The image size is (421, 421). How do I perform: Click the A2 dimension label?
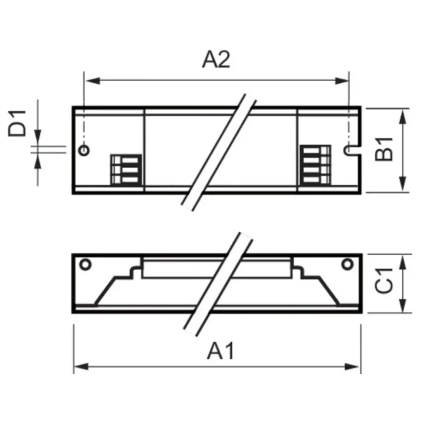click(x=216, y=59)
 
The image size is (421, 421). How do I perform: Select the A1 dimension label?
click(x=221, y=351)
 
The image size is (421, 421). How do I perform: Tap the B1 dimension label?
click(x=384, y=149)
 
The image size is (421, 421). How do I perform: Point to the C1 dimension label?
click(x=384, y=280)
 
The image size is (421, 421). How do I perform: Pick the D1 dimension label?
click(x=17, y=123)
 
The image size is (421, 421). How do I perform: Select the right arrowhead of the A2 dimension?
click(x=342, y=81)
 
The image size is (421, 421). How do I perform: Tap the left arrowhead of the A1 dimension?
click(x=81, y=367)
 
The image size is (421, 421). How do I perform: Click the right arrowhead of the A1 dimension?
click(x=352, y=367)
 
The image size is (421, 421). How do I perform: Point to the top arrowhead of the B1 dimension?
click(x=402, y=116)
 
